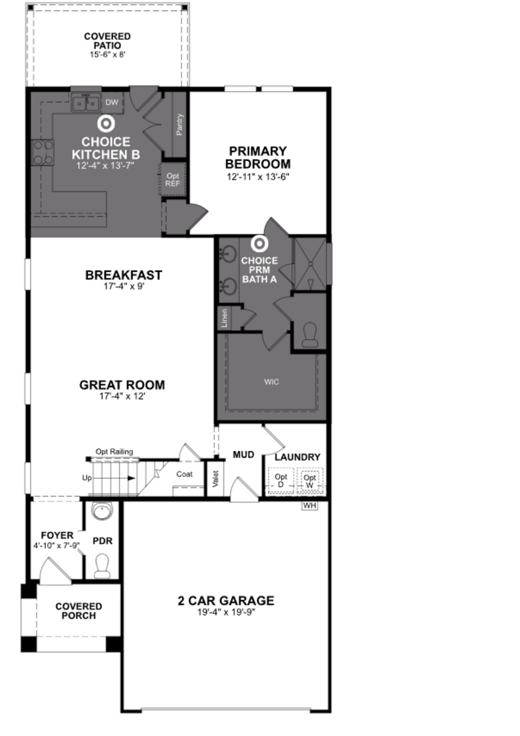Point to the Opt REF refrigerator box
(x=173, y=180)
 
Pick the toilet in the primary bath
(x=310, y=335)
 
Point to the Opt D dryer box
(x=281, y=480)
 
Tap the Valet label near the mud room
(x=215, y=479)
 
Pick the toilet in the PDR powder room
(x=102, y=566)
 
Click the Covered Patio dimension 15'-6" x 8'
(x=107, y=54)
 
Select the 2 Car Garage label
(x=226, y=600)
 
